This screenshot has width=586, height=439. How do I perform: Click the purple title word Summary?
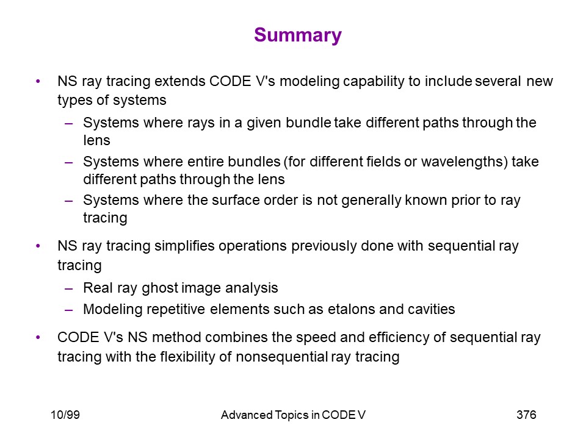click(x=298, y=35)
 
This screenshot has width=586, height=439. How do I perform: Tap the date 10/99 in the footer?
click(x=65, y=415)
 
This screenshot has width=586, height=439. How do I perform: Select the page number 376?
click(x=526, y=415)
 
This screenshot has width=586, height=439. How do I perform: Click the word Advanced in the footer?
click(x=247, y=415)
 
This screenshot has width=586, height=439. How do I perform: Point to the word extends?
click(x=179, y=81)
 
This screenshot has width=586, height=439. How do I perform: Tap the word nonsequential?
click(x=282, y=357)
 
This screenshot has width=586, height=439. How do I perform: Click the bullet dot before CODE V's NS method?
click(x=38, y=337)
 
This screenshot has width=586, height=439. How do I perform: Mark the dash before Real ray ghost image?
click(x=68, y=288)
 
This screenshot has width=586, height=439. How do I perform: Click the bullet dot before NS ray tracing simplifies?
click(x=38, y=246)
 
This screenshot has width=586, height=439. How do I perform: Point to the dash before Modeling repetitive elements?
click(x=68, y=310)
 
